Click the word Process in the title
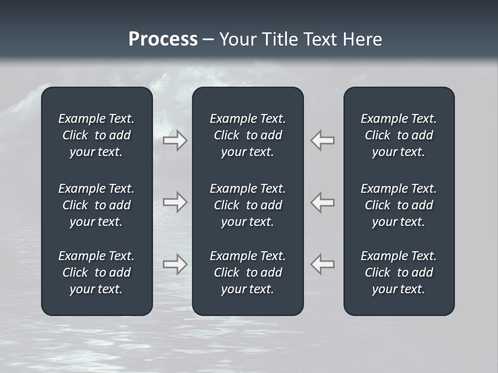pyautogui.click(x=163, y=39)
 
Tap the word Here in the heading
pyautogui.click(x=363, y=39)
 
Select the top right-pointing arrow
pyautogui.click(x=175, y=140)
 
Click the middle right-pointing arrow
pyautogui.click(x=175, y=202)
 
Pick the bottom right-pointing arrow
pyautogui.click(x=175, y=264)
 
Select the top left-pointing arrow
pyautogui.click(x=322, y=140)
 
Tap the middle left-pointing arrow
pyautogui.click(x=322, y=202)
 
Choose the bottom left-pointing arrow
pyautogui.click(x=322, y=264)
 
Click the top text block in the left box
pyautogui.click(x=96, y=135)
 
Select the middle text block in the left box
pyautogui.click(x=96, y=205)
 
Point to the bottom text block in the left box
pyautogui.click(x=96, y=272)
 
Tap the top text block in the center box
pyautogui.click(x=247, y=135)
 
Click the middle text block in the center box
pyautogui.click(x=247, y=205)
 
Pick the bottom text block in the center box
pyautogui.click(x=247, y=272)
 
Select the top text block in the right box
pyautogui.click(x=398, y=135)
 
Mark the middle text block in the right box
pyautogui.click(x=398, y=205)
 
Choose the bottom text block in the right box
pyautogui.click(x=398, y=272)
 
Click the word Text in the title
pyautogui.click(x=320, y=39)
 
